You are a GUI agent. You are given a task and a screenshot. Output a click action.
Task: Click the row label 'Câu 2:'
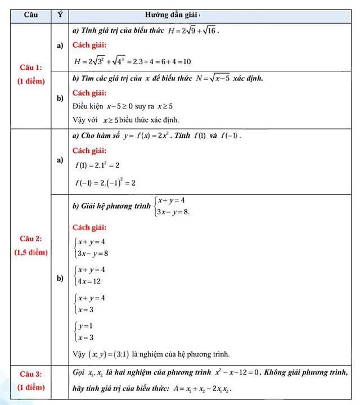pyautogui.click(x=30, y=238)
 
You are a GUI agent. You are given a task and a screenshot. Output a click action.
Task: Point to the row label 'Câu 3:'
pyautogui.click(x=30, y=373)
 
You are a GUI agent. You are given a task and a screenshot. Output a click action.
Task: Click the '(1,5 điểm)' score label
pyautogui.click(x=30, y=252)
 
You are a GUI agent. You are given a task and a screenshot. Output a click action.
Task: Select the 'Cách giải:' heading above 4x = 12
pyautogui.click(x=89, y=227)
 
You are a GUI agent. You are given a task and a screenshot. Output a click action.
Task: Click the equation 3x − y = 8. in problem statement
pyautogui.click(x=173, y=211)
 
